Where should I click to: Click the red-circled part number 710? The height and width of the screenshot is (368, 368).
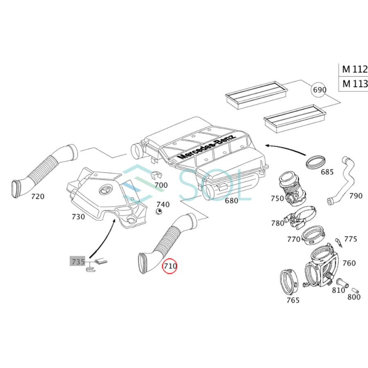click(x=170, y=266)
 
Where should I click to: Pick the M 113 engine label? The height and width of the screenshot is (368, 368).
click(x=355, y=84)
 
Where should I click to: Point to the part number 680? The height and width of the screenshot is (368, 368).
click(x=231, y=200)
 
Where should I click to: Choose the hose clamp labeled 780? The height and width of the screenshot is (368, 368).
click(x=305, y=216)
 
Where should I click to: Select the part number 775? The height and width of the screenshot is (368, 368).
click(x=350, y=239)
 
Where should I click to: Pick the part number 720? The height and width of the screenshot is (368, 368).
click(x=38, y=196)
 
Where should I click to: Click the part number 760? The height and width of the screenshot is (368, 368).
click(x=349, y=263)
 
